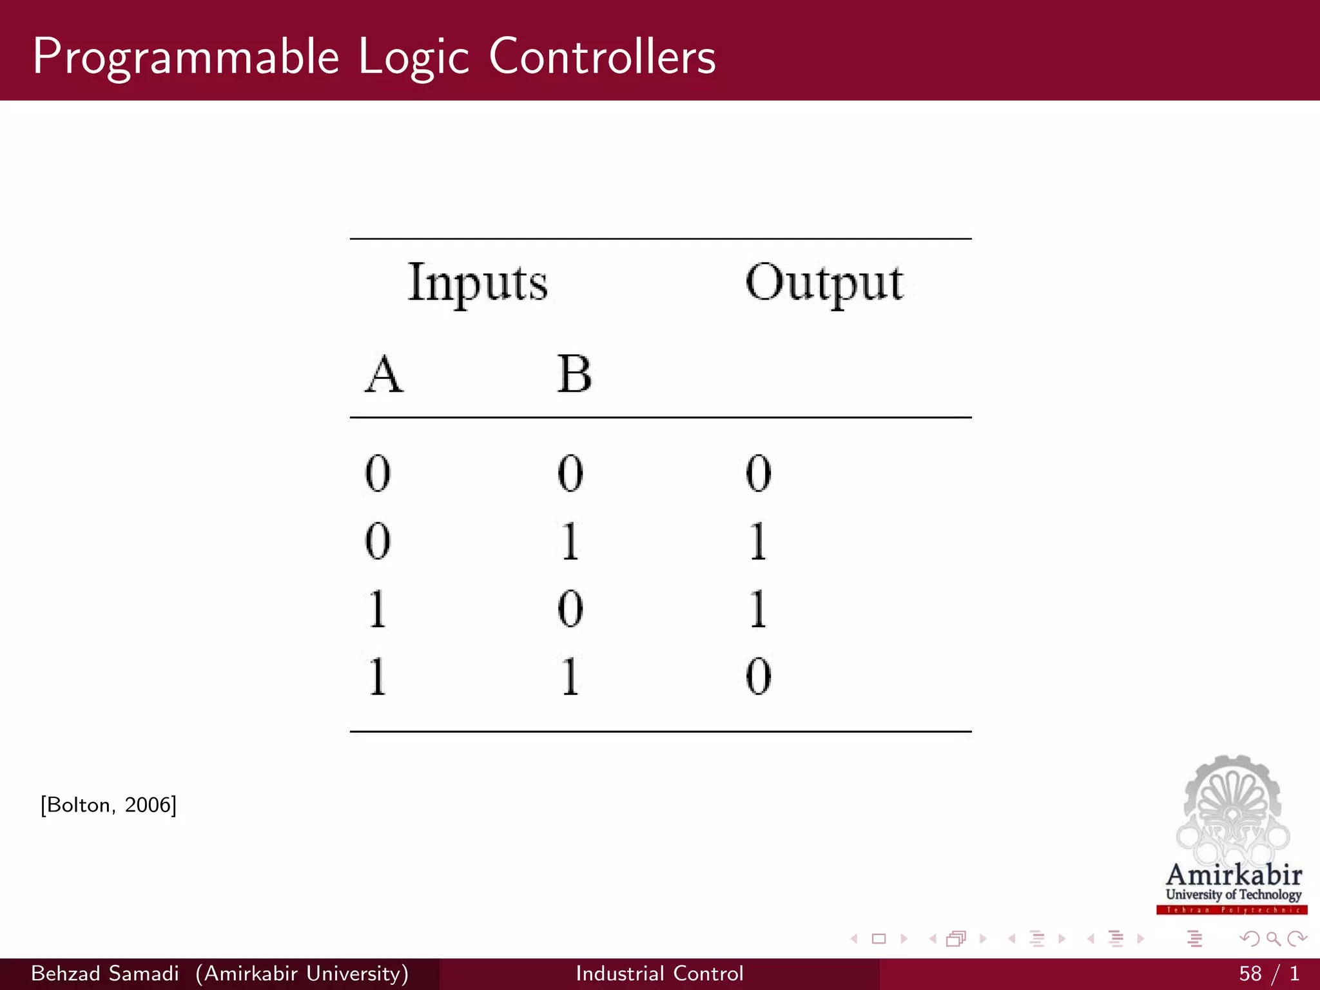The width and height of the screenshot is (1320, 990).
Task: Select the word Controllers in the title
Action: tap(602, 57)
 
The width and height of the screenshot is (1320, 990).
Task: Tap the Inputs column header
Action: tap(478, 284)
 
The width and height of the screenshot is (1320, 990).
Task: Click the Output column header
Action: tap(824, 284)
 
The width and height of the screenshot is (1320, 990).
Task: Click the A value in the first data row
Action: tap(378, 473)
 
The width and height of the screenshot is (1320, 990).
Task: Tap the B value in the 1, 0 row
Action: tap(570, 608)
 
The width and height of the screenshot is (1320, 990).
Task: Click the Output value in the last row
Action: tap(759, 676)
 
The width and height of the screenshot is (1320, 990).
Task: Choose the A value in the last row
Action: tap(378, 676)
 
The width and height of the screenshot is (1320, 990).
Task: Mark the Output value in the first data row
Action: tap(759, 473)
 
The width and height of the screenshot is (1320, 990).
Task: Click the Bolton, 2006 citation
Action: tap(108, 805)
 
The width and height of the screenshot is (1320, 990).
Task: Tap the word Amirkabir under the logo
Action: tap(1234, 875)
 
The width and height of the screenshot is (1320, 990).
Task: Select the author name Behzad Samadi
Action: tap(105, 973)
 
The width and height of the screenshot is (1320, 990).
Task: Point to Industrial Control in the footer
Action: tap(659, 973)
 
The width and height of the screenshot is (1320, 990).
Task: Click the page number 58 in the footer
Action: tap(1250, 973)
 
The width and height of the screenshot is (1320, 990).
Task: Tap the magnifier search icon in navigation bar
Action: tap(1273, 939)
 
